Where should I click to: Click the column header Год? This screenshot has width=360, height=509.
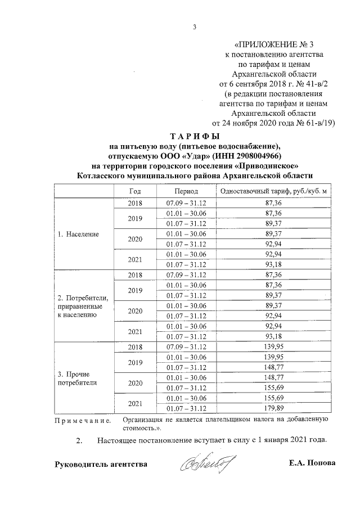coord(135,192)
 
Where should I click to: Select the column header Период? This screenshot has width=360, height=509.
coord(186,192)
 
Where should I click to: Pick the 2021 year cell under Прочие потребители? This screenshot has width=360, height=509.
coord(135,403)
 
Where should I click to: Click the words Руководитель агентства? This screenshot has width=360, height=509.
coord(101,464)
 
